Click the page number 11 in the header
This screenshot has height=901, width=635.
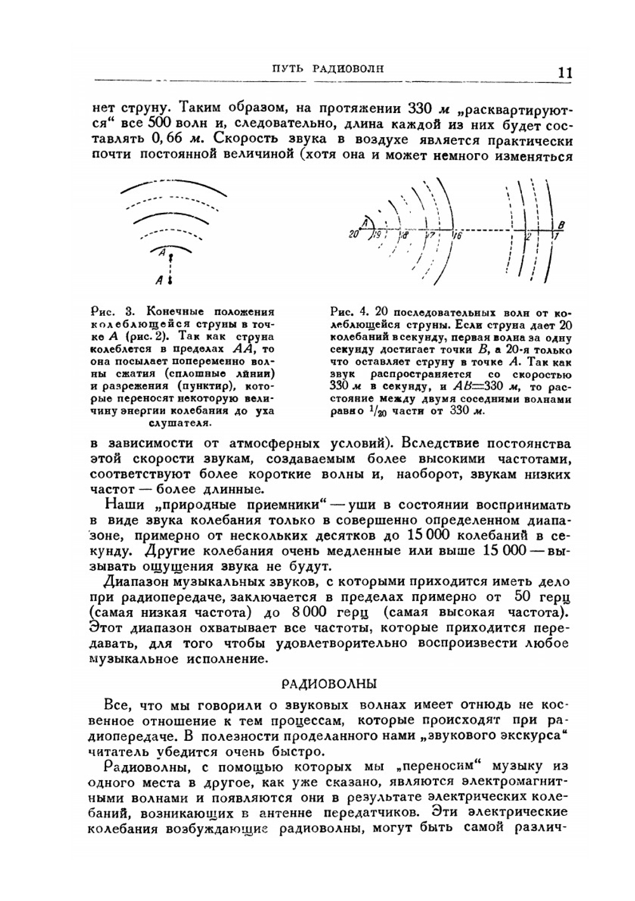[x=565, y=72]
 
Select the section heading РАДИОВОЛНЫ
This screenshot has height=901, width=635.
[x=329, y=684]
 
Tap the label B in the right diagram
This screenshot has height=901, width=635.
[x=562, y=224]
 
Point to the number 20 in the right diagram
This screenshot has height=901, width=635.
[x=353, y=235]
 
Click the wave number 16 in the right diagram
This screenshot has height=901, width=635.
[x=457, y=236]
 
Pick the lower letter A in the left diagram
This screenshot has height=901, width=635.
[x=160, y=279]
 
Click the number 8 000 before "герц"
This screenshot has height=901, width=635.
[x=309, y=613]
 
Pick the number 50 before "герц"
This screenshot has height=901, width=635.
[x=526, y=597]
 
